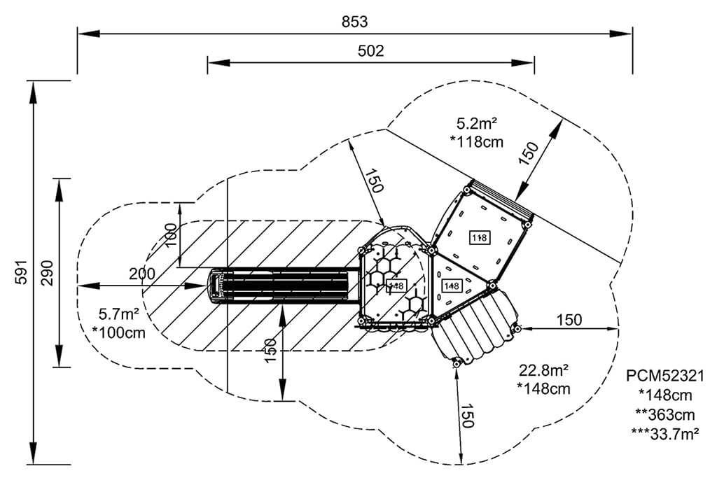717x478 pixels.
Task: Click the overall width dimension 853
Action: point(355,22)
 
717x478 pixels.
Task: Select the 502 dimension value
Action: point(370,51)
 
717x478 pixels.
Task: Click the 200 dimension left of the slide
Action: point(142,274)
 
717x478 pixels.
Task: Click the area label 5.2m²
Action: point(477,124)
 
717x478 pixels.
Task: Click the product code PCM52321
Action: point(665,376)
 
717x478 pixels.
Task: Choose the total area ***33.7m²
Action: point(666,434)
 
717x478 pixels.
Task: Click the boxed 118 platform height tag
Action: point(479,238)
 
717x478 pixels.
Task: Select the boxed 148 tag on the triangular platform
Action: point(452,286)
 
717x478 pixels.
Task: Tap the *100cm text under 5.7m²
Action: point(119,333)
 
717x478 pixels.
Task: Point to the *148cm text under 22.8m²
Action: point(543,388)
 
